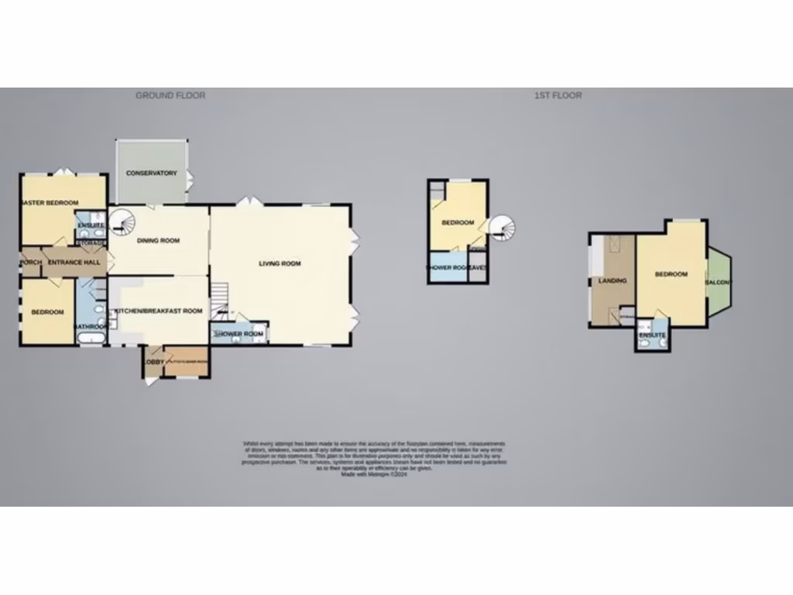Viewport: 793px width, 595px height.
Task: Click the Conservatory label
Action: [152, 173]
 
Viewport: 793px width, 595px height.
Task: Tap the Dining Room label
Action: [159, 241]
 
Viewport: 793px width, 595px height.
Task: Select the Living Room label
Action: [280, 263]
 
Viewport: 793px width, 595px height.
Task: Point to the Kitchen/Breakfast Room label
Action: [159, 311]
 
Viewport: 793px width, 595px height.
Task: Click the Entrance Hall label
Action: [74, 263]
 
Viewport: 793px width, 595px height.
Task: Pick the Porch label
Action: [31, 263]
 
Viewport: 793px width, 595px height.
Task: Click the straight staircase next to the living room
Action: [221, 295]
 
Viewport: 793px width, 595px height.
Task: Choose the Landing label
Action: [613, 280]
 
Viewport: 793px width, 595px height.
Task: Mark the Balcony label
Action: [718, 282]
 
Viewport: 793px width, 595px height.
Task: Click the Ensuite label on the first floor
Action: [652, 335]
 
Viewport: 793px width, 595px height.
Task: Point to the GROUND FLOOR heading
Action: [170, 95]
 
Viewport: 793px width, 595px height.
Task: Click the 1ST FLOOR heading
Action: [558, 95]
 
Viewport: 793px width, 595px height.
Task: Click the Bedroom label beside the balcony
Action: [671, 274]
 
